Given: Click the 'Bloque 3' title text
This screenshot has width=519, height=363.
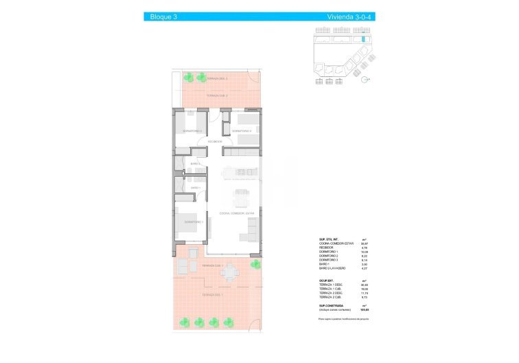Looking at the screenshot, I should pos(163,16).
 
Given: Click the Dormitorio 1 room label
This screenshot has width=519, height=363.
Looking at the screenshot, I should pos(193,222).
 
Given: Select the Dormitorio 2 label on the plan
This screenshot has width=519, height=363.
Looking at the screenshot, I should pos(242,131).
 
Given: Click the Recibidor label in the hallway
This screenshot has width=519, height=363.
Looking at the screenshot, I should pos(216,142).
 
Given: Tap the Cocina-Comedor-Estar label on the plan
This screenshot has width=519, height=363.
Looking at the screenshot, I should pos(237,214).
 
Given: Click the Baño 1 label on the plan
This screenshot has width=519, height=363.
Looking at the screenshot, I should pos(195,188).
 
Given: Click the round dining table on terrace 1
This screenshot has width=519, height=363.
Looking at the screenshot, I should pos(228,274).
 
